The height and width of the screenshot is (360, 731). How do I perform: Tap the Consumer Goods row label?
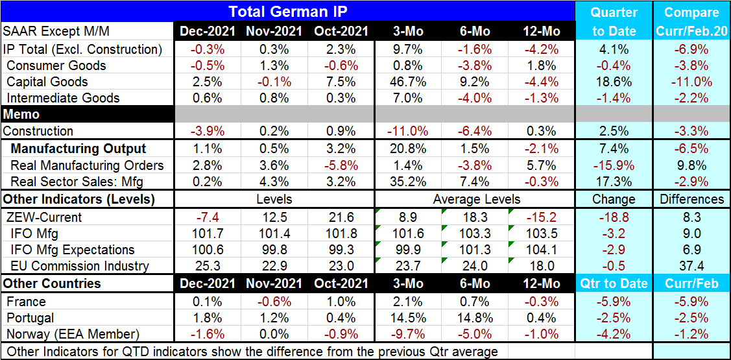point(56,66)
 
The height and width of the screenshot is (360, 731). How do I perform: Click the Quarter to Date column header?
point(614,21)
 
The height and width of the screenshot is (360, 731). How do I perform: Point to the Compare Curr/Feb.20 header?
point(691,21)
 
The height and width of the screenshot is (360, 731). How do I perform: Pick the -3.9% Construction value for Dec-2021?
point(207,131)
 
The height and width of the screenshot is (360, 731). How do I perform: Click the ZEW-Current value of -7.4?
point(207,217)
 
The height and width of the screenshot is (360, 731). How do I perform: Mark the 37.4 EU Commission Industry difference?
point(691,266)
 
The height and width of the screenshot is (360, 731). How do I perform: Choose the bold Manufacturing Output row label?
point(78,149)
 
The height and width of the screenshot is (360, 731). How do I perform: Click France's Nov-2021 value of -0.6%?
point(272,302)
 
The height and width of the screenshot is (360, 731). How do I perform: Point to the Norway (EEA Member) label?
point(72,334)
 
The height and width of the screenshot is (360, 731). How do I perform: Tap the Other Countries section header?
point(52,283)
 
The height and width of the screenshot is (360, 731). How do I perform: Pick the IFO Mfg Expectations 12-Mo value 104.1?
point(541,250)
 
